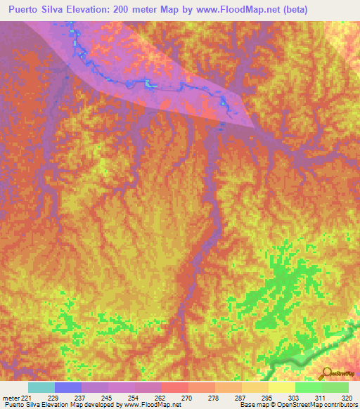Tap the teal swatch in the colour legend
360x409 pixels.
tap(41, 387)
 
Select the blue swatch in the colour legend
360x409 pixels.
tap(68, 387)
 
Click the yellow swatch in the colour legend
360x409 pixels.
tap(282, 387)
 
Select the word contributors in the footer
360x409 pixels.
tap(340, 405)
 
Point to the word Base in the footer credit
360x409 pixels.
tap(246, 405)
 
